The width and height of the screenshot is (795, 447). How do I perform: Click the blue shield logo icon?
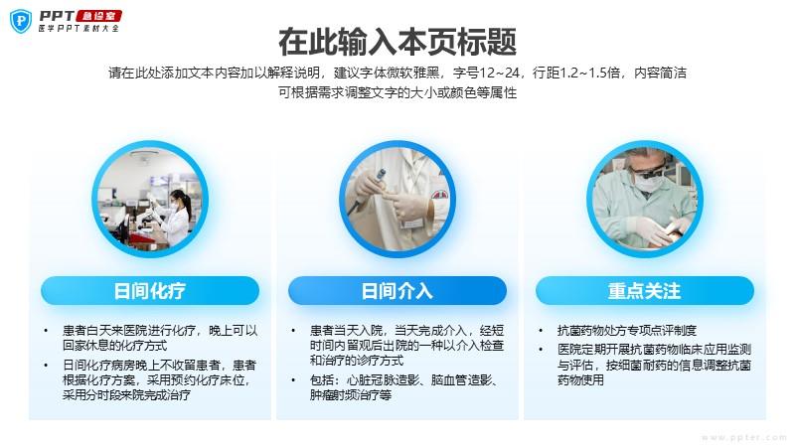(21, 21)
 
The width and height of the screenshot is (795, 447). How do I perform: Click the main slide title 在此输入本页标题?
(397, 42)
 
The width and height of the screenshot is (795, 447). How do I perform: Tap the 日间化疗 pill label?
(150, 291)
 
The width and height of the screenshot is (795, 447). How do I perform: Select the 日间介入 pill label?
(397, 291)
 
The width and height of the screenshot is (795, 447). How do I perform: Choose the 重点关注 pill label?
(644, 291)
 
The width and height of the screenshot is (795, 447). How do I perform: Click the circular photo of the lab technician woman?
(150, 200)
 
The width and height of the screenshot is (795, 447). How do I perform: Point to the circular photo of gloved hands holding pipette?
(397, 200)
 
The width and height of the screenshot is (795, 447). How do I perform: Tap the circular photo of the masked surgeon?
(644, 200)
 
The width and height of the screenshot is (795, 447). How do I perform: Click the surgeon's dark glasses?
(647, 171)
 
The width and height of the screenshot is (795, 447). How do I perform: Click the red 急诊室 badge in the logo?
(98, 16)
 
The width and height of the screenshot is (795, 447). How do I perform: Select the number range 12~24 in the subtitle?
(500, 73)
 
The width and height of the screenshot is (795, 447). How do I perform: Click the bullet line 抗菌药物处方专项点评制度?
(627, 331)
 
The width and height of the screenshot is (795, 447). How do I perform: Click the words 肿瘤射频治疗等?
(351, 394)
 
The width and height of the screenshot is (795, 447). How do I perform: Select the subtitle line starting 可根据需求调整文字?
(397, 92)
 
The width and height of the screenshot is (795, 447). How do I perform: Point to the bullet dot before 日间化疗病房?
(46, 365)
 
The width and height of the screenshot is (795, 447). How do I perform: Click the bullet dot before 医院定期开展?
(541, 350)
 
